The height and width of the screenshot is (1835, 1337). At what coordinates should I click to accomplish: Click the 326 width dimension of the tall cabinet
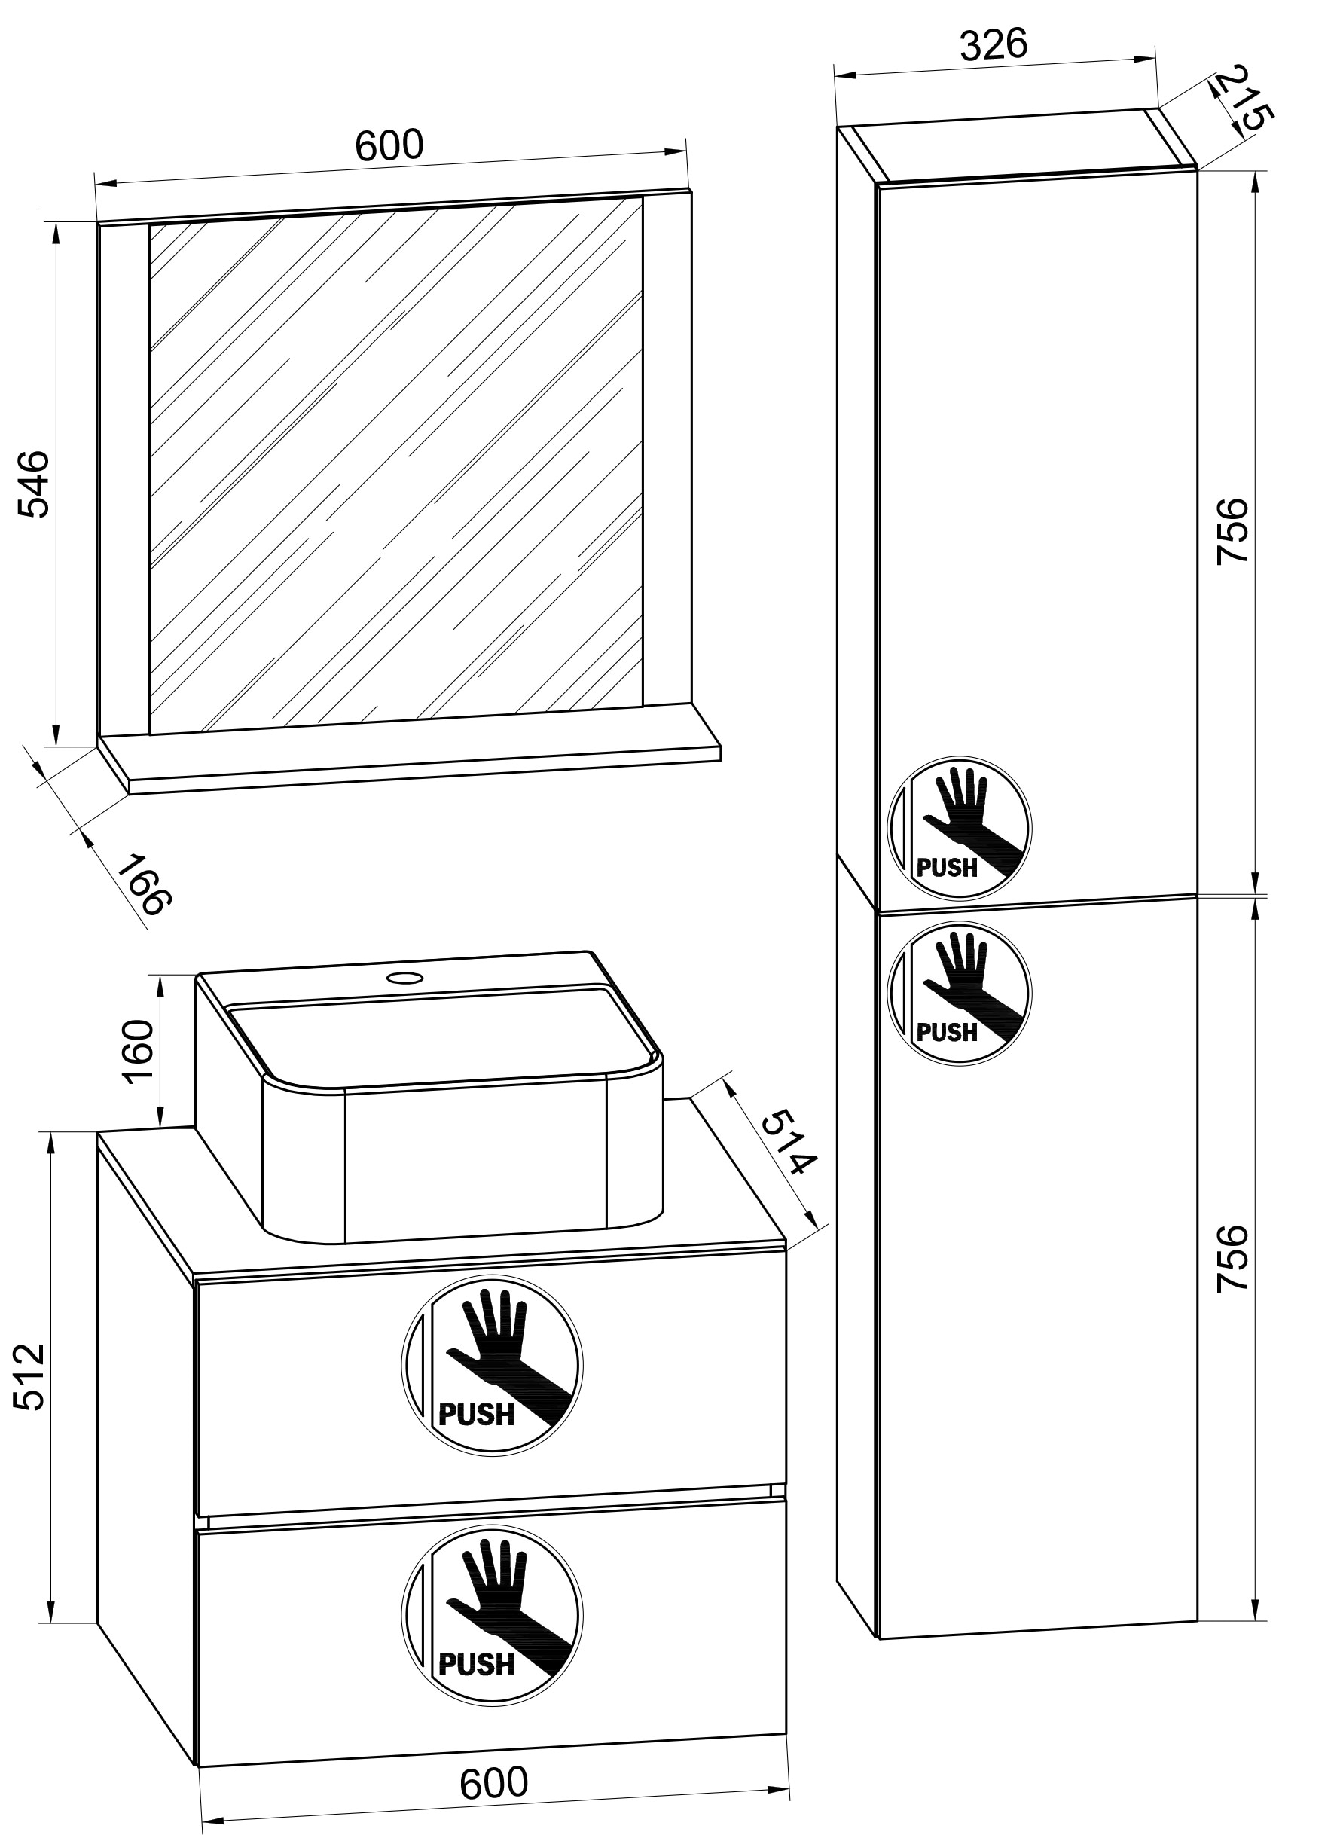pos(993,45)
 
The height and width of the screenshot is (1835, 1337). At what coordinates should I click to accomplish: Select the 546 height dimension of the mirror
pos(35,484)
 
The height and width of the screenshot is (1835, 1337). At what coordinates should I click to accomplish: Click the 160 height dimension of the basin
pos(139,1049)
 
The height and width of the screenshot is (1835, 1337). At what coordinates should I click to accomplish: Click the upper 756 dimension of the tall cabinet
pos(1233,531)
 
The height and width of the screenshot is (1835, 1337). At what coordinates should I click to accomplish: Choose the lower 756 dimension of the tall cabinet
pos(1233,1258)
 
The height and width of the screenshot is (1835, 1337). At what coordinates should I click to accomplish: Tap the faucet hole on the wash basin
pos(404,977)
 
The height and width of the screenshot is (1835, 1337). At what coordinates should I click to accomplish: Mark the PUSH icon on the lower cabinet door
pos(960,992)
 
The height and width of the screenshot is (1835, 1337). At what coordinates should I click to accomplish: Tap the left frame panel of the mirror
pos(124,478)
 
